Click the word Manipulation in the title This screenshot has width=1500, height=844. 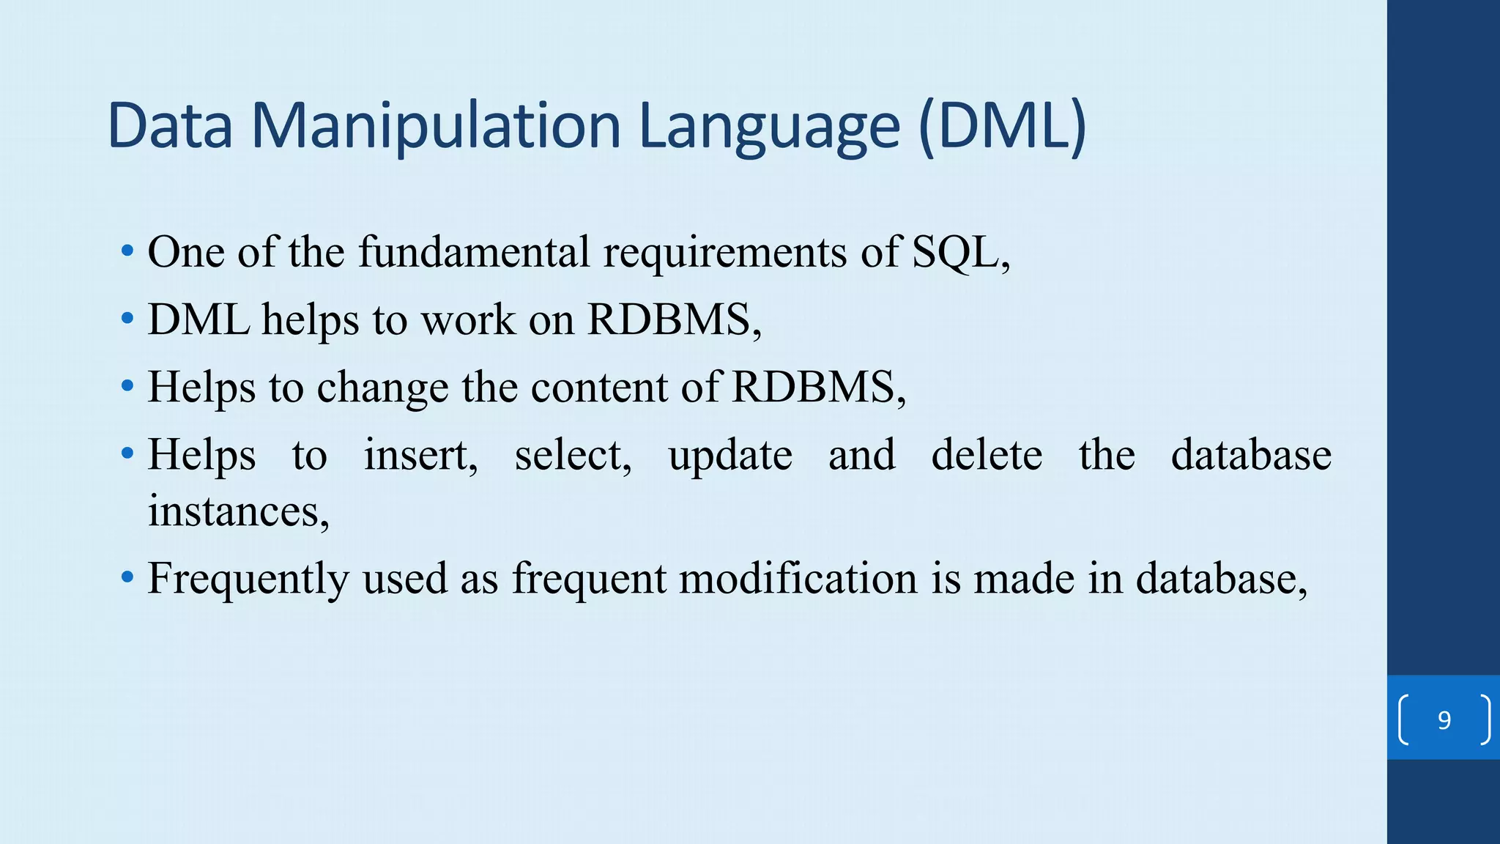tap(436, 126)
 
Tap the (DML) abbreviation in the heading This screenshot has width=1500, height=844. tap(1001, 126)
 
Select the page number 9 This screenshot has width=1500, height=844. tap(1444, 720)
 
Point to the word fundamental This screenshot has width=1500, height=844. tap(473, 252)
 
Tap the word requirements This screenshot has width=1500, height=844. tap(724, 252)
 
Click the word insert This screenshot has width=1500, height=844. tap(420, 455)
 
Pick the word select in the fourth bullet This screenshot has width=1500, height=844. tap(573, 455)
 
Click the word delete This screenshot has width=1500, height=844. tap(987, 455)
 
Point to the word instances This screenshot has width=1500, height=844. tap(238, 511)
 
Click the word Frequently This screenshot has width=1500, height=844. tap(248, 580)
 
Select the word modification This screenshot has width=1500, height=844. tap(798, 578)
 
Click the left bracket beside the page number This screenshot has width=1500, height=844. tap(1403, 720)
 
